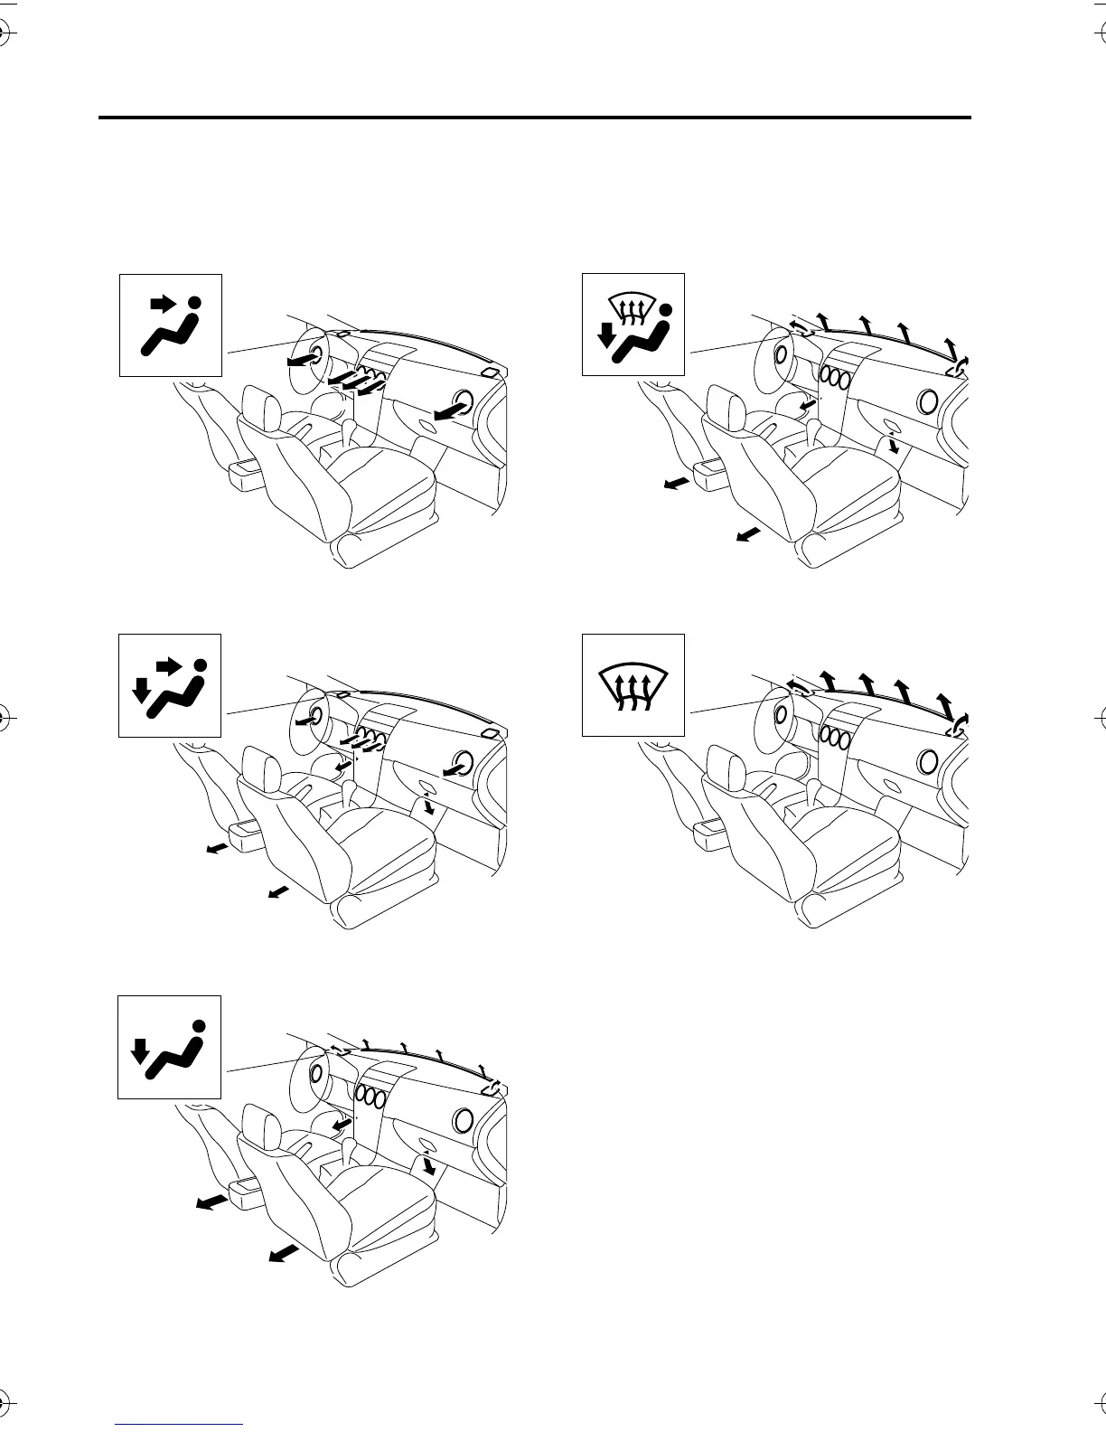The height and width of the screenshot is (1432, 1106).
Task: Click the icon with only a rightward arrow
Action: [171, 325]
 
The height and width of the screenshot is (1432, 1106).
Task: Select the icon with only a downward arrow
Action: [171, 1047]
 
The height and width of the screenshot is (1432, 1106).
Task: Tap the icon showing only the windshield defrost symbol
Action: [633, 686]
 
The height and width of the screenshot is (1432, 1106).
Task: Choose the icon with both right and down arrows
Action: [171, 686]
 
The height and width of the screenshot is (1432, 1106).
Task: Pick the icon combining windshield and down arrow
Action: [633, 325]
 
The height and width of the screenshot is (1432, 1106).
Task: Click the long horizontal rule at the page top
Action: [534, 118]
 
